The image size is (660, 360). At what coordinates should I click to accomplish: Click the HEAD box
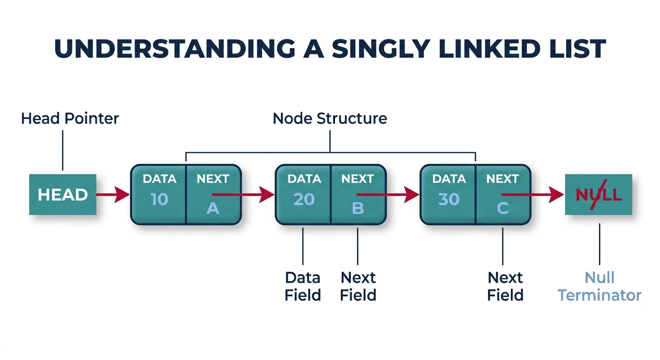[x=63, y=195]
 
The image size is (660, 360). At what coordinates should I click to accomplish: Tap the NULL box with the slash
[x=598, y=195]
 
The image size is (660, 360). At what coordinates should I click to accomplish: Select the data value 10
[x=159, y=199]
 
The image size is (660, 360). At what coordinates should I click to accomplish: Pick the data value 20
[x=304, y=199]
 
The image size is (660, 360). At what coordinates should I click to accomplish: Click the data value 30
[x=449, y=199]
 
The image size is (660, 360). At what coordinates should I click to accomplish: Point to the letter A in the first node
[x=213, y=208]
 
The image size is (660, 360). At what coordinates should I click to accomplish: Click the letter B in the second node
[x=358, y=208]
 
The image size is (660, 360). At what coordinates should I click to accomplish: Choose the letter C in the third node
[x=502, y=208]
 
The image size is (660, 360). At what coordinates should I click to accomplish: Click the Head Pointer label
[x=70, y=118]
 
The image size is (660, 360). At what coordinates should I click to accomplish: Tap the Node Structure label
[x=330, y=118]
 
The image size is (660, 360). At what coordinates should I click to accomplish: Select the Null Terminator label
[x=600, y=286]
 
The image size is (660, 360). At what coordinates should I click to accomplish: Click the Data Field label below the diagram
[x=303, y=286]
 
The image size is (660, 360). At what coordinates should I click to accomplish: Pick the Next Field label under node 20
[x=358, y=286]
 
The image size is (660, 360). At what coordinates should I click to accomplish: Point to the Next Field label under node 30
[x=505, y=286]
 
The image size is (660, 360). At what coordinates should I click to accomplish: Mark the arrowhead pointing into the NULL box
[x=557, y=194]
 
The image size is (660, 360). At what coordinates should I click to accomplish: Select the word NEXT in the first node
[x=213, y=179]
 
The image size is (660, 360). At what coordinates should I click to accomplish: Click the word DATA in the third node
[x=449, y=179]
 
